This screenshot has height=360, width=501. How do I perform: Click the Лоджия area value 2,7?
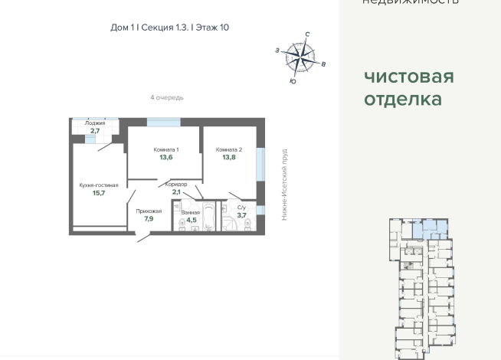point(95,131)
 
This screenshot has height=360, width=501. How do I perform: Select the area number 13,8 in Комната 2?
point(229,157)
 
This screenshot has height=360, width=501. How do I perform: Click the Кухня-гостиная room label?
point(98,185)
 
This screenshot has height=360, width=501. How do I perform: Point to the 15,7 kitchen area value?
point(98,193)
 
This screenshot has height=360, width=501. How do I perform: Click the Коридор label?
point(176,185)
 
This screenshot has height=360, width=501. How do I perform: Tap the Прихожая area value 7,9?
point(148,218)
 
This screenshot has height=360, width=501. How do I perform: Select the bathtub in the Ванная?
point(208,217)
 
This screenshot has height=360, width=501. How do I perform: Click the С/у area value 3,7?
point(241,215)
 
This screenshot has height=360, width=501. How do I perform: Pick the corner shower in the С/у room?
point(229,221)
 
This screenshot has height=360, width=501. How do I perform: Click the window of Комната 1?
point(163,122)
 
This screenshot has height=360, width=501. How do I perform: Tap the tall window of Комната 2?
point(260,164)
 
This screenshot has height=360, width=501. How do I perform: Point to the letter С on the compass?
point(307,34)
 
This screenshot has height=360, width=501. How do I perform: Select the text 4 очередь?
point(166,97)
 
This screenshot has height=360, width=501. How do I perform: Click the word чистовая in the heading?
point(408,77)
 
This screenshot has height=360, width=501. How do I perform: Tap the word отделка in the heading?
point(402,100)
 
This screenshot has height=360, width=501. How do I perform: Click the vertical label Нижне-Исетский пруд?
point(284,185)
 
